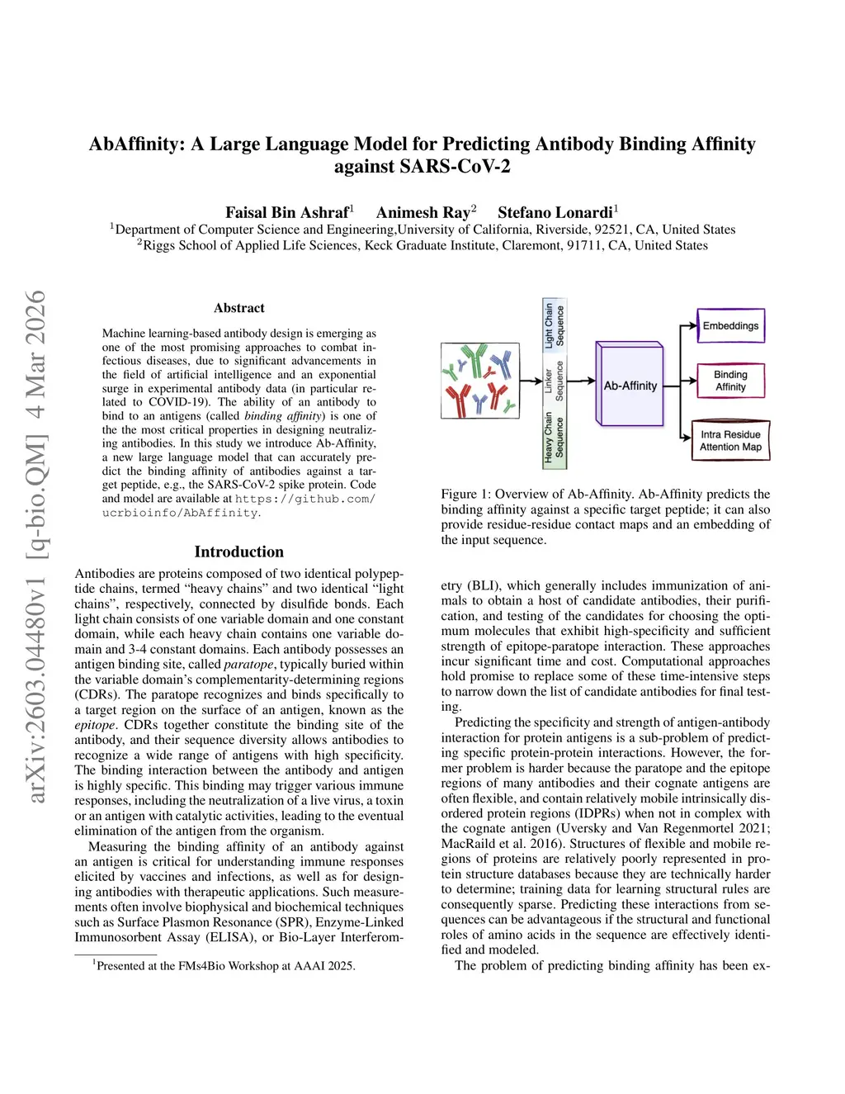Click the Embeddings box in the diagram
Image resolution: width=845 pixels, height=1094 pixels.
pyautogui.click(x=730, y=325)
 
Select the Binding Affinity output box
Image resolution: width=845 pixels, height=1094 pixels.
pyautogui.click(x=730, y=381)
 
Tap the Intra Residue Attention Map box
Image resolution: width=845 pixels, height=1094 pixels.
pyautogui.click(x=730, y=440)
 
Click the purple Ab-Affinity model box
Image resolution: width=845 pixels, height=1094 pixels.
pyautogui.click(x=630, y=385)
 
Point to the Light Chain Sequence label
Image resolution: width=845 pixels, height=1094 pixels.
pyautogui.click(x=554, y=325)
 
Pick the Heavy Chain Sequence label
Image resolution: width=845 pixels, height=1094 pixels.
pyautogui.click(x=554, y=436)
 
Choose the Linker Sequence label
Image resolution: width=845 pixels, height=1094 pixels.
pyautogui.click(x=554, y=381)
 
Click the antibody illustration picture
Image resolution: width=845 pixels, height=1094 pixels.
pyautogui.click(x=480, y=381)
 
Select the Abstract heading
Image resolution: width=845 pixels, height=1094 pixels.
pyautogui.click(x=239, y=308)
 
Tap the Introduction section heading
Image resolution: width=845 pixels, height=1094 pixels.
pyautogui.click(x=239, y=552)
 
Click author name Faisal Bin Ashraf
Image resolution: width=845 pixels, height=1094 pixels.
pyautogui.click(x=287, y=212)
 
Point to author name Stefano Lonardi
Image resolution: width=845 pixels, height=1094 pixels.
pyautogui.click(x=555, y=212)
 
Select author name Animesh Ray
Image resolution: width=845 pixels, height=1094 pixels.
pyautogui.click(x=423, y=212)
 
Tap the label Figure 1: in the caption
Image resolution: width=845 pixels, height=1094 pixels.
pyautogui.click(x=465, y=495)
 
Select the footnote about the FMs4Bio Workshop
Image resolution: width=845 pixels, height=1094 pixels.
pyautogui.click(x=224, y=965)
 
